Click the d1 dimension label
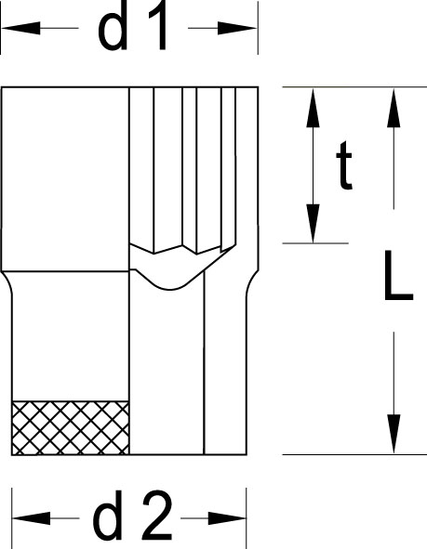[132, 27]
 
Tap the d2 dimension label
[132, 515]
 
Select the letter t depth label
[344, 165]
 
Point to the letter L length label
[398, 276]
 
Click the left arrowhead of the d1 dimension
[21, 28]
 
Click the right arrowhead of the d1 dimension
[237, 28]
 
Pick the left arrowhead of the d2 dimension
[31, 518]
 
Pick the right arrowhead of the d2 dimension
[227, 518]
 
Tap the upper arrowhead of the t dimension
[313, 108]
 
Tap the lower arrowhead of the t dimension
[313, 223]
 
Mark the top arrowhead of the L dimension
[394, 108]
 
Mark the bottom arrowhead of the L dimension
[394, 434]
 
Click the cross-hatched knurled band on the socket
[71, 428]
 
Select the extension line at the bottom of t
[315, 243]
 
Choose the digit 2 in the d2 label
[157, 515]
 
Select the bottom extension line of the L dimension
[354, 455]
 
